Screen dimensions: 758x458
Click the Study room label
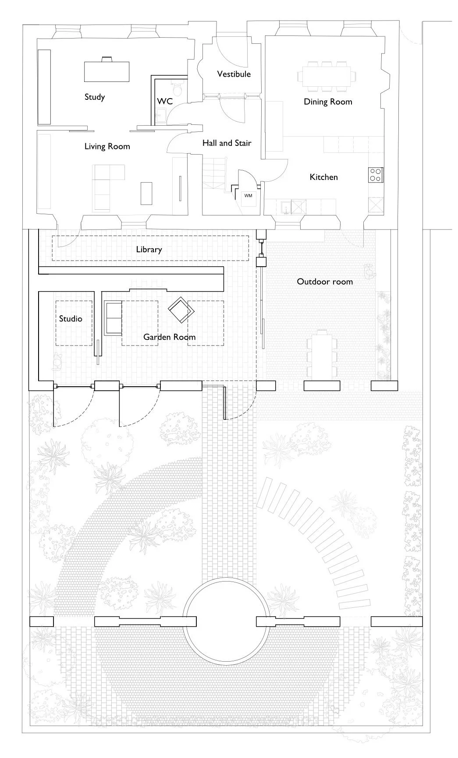[x=95, y=97]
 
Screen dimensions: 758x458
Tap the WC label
[x=165, y=101]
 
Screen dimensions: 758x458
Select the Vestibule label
[x=234, y=74]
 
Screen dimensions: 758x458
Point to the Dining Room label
[x=328, y=102]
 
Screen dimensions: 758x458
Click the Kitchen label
[x=323, y=177]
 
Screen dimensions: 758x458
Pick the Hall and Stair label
[x=227, y=143]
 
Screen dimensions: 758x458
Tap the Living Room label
[x=107, y=146]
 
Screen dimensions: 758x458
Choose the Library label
[x=149, y=250]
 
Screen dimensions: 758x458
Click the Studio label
[x=71, y=319]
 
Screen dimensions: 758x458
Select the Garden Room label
[x=170, y=337]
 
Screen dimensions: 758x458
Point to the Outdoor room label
[x=325, y=282]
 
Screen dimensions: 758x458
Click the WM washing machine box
[x=248, y=196]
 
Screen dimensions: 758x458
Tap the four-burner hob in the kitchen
[x=375, y=175]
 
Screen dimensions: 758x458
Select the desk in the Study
[x=107, y=71]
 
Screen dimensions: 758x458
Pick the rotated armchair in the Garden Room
[x=181, y=310]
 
